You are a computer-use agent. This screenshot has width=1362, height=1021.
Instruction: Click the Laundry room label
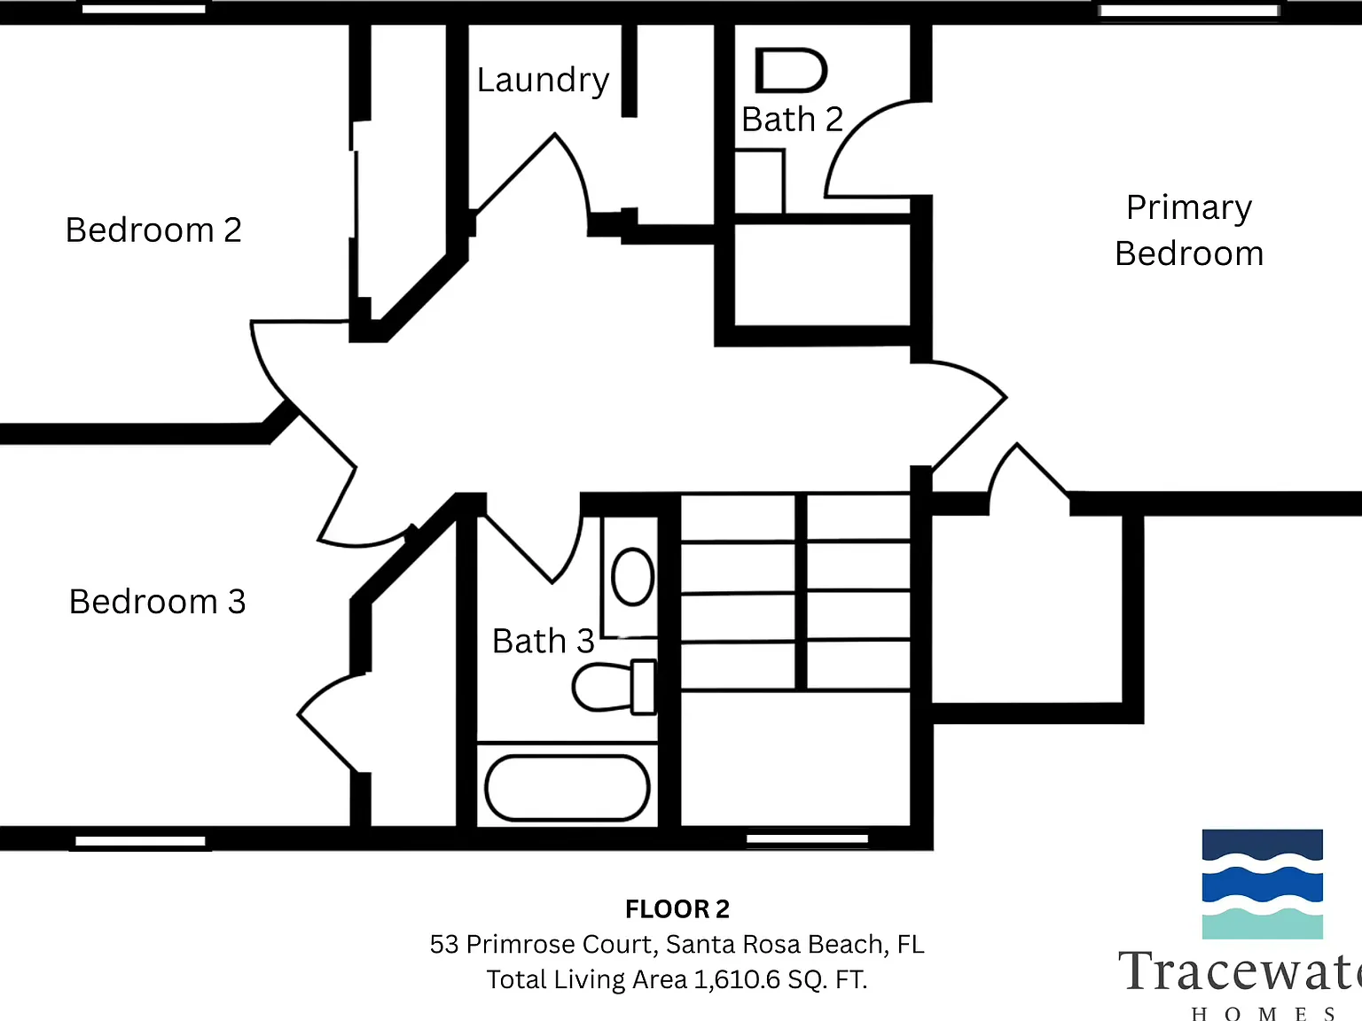(543, 81)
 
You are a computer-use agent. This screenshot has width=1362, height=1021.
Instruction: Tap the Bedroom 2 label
(153, 230)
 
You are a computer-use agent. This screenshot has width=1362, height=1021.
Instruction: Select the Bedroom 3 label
(157, 601)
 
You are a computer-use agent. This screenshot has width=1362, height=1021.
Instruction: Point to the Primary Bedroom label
(1189, 230)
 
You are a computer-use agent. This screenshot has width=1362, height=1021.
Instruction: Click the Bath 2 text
(793, 119)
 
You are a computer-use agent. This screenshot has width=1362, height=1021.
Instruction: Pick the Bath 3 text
(543, 641)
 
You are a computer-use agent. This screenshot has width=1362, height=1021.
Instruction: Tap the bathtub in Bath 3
(567, 787)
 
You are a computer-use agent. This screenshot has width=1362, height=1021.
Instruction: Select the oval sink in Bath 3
(632, 576)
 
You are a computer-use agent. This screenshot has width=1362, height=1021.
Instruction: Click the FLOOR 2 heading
(677, 909)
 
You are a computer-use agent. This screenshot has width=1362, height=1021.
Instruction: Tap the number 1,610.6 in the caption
(737, 979)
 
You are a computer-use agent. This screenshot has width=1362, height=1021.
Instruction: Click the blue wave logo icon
(1262, 884)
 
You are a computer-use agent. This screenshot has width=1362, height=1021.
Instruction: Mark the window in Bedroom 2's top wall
(144, 9)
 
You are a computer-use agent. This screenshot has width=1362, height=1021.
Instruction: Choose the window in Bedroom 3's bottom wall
(140, 841)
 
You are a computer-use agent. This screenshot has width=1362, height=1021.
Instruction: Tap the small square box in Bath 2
(760, 181)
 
